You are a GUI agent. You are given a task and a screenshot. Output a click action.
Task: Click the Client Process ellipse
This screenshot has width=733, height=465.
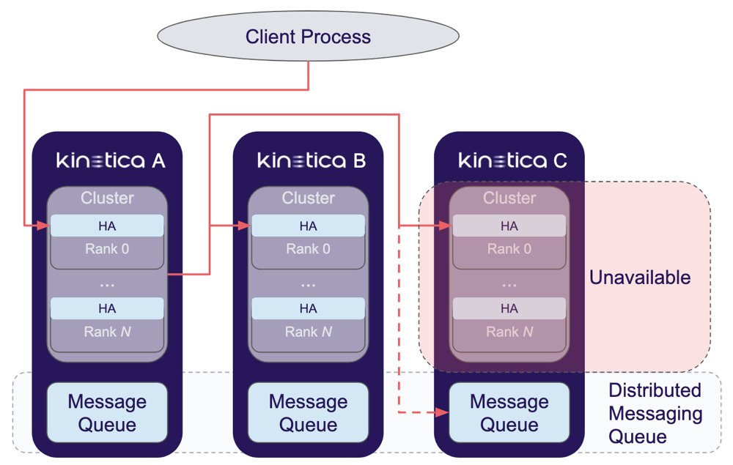click(x=308, y=37)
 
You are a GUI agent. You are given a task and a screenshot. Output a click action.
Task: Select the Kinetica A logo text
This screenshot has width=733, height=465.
click(x=111, y=160)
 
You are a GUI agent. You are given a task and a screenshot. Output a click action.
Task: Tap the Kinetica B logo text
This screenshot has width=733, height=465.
click(x=312, y=160)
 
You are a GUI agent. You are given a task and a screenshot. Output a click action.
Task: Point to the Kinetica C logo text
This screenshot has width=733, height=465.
click(x=512, y=160)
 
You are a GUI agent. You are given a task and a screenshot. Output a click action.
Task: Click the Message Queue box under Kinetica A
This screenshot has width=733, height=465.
click(x=107, y=413)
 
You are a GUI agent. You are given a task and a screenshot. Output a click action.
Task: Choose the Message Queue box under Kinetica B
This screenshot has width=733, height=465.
click(x=308, y=413)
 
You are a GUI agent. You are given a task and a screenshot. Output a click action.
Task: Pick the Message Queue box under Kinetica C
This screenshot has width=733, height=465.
click(x=509, y=413)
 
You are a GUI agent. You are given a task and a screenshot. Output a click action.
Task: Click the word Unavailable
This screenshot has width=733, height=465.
click(x=640, y=278)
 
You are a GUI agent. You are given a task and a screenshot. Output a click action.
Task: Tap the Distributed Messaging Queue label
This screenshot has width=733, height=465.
click(x=655, y=414)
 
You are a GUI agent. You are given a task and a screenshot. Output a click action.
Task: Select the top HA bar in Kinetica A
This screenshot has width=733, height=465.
click(x=107, y=226)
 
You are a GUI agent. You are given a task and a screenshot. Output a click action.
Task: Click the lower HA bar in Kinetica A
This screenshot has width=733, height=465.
click(x=107, y=308)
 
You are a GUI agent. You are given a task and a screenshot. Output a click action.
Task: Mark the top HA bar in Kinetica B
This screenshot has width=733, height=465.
click(x=308, y=226)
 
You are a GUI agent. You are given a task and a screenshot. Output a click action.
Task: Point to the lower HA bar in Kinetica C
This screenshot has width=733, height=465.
click(x=509, y=308)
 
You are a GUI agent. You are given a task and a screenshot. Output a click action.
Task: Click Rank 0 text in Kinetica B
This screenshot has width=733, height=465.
click(x=308, y=249)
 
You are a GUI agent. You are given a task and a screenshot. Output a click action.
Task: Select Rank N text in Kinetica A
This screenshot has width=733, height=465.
click(x=107, y=332)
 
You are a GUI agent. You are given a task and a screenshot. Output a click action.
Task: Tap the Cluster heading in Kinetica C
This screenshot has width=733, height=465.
click(x=509, y=198)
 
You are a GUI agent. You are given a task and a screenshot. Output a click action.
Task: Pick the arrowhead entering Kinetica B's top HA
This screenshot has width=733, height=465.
click(x=245, y=226)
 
